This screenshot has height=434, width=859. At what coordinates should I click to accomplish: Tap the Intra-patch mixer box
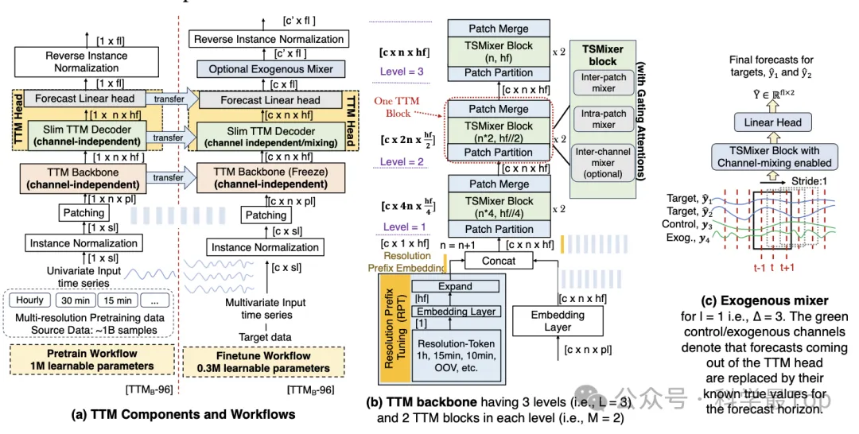pos(604,118)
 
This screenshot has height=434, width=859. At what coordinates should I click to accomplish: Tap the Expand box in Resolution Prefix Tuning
pos(454,286)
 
